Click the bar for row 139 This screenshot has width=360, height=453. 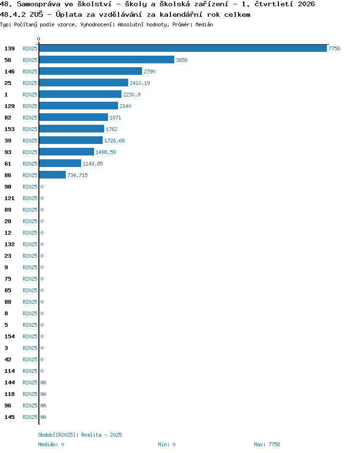(183, 48)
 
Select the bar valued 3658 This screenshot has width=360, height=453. (107, 60)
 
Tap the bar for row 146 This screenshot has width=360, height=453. (91, 72)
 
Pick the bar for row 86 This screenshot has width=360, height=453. (53, 175)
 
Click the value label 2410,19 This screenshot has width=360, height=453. (140, 83)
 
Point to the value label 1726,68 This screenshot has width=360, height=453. (114, 141)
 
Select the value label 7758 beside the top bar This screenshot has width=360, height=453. (334, 48)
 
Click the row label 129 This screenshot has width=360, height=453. (10, 106)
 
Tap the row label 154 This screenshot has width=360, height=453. (10, 336)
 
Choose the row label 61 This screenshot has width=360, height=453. (8, 164)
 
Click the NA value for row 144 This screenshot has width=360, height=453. (43, 382)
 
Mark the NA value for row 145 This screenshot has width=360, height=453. (43, 417)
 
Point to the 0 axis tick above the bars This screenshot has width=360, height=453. (39, 39)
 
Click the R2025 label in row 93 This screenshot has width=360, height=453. (30, 152)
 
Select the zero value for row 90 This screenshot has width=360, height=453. (42, 187)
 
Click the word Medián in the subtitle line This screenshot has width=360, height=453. (204, 24)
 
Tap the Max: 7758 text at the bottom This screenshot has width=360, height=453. (267, 444)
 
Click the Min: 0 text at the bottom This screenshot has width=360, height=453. (167, 444)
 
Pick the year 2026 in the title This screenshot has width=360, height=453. (306, 4)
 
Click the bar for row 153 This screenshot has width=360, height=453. (72, 129)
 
